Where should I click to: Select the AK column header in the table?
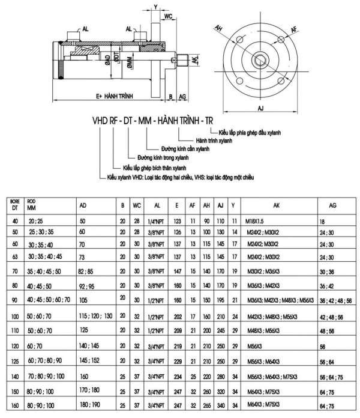(276, 205)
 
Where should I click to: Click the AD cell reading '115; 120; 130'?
(96, 316)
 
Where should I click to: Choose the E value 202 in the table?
(177, 317)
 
